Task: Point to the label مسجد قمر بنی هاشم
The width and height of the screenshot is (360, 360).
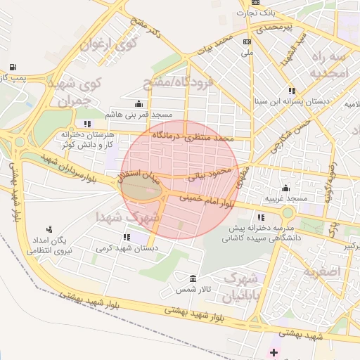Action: pos(143,114)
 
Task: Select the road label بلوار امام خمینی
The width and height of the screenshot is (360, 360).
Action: pos(208,201)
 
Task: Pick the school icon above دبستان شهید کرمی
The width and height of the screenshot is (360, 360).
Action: pos(127,237)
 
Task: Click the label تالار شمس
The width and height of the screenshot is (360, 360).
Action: pos(194,289)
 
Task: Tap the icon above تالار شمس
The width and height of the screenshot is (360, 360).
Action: pos(194,278)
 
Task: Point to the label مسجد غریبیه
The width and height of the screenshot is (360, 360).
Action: pos(286,199)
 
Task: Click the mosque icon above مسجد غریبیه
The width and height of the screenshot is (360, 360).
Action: pos(286,188)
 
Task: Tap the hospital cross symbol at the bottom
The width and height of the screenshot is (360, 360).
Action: pos(274,349)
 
